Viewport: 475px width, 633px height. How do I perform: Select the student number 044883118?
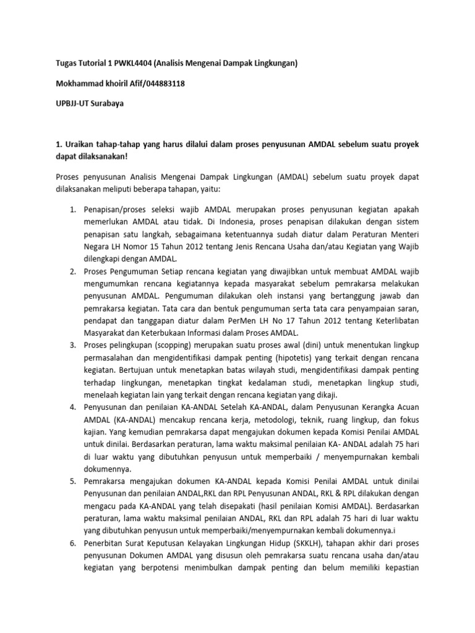tap(162, 83)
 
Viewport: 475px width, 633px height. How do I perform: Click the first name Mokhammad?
tap(75, 83)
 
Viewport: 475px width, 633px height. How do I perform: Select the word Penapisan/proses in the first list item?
tap(115, 211)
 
